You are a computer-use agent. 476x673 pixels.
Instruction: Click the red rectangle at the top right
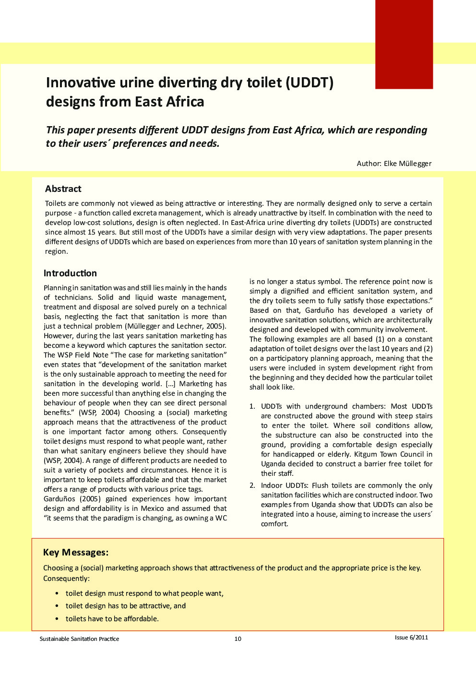(404, 44)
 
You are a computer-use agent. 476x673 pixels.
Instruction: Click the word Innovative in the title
(81, 83)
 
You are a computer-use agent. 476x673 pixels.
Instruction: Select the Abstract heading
(63, 189)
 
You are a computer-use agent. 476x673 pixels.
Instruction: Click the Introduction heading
(70, 273)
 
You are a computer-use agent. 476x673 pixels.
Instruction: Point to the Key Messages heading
(76, 552)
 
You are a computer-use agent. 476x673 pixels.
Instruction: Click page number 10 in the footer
(238, 638)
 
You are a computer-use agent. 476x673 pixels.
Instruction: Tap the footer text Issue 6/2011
(411, 638)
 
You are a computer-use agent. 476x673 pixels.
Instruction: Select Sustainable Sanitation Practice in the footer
(79, 638)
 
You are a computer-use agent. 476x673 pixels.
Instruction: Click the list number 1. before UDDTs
(252, 406)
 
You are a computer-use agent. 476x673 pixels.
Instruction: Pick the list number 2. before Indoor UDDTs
(252, 485)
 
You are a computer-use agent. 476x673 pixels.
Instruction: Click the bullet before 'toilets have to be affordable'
(57, 619)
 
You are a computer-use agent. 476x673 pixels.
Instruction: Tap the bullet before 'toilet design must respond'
(57, 593)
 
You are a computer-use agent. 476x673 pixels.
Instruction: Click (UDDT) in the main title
(309, 83)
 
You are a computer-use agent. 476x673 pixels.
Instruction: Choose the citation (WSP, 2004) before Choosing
(99, 413)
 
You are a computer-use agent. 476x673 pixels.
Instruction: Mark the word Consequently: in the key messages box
(66, 579)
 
